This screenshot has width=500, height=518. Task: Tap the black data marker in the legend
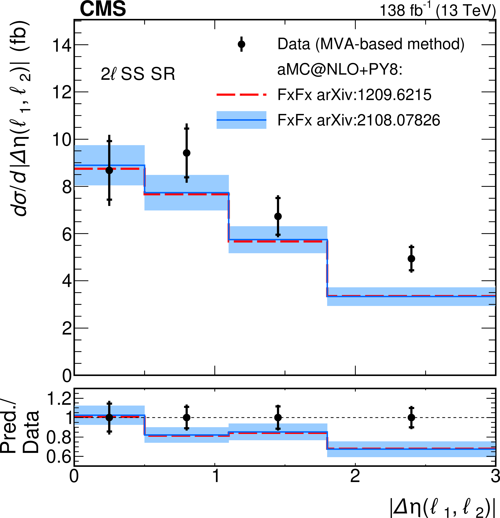241,44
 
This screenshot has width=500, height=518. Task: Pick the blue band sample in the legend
241,120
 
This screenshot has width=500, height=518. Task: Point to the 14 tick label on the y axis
62,45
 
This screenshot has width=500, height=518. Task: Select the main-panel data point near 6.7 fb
278,216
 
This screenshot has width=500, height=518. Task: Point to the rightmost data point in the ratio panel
411,418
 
